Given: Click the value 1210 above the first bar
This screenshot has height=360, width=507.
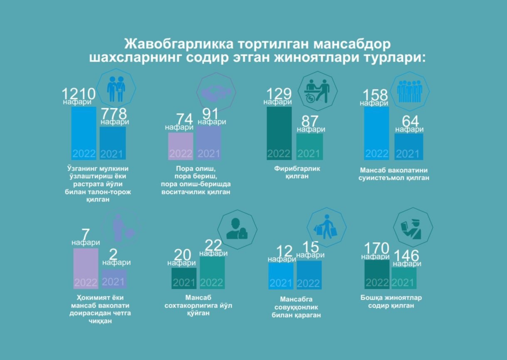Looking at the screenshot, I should pyautogui.click(x=79, y=94).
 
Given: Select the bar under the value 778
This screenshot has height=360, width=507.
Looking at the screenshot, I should pyautogui.click(x=113, y=143).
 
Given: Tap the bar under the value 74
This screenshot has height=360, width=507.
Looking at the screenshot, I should pyautogui.click(x=181, y=146).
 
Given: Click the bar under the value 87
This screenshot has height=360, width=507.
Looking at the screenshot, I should pyautogui.click(x=309, y=146).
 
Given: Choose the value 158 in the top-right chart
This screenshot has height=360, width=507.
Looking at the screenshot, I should pyautogui.click(x=376, y=95).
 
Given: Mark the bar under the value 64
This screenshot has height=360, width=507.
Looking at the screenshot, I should pyautogui.click(x=408, y=146).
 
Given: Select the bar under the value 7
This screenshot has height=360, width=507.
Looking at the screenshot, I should pyautogui.click(x=86, y=268).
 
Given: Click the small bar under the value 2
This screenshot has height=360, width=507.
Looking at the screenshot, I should pyautogui.click(x=114, y=279).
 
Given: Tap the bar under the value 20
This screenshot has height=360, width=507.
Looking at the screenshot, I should pyautogui.click(x=184, y=278).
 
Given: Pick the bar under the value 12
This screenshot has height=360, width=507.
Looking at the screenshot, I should pyautogui.click(x=281, y=276).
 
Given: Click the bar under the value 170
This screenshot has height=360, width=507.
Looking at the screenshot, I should pyautogui.click(x=377, y=274).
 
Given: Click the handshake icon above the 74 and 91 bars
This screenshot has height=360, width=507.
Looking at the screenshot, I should pyautogui.click(x=216, y=92).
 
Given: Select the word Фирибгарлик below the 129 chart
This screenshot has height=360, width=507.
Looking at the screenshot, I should pyautogui.click(x=297, y=169).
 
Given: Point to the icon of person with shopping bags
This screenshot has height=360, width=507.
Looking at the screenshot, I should pyautogui.click(x=326, y=227).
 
